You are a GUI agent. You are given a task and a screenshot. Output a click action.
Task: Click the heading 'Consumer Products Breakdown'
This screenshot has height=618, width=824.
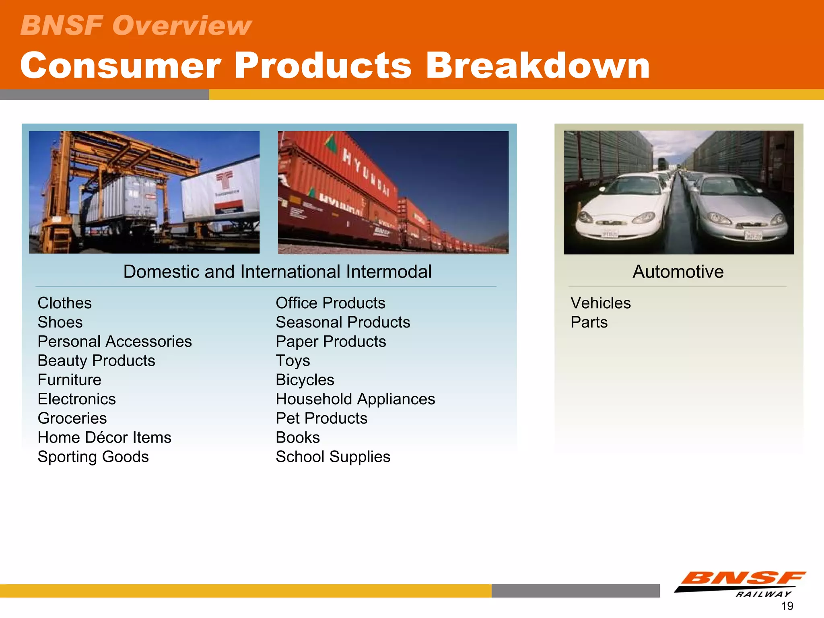[335, 66]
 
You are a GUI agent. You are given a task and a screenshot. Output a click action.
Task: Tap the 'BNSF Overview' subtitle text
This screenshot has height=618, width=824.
[136, 25]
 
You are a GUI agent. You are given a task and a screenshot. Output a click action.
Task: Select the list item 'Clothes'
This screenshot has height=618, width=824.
[64, 303]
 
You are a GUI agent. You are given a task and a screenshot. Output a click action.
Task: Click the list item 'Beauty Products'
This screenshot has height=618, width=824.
[96, 360]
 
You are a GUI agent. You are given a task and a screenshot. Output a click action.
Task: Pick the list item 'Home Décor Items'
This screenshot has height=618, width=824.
[104, 437]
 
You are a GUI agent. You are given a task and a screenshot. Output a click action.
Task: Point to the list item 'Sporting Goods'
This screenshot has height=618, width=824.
[93, 457]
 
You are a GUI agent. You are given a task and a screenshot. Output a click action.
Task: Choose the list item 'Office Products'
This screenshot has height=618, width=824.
[330, 303]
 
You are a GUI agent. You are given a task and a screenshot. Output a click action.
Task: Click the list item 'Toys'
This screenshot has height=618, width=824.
[293, 360]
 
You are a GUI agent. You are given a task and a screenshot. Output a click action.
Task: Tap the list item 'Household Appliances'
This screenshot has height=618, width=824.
[355, 399]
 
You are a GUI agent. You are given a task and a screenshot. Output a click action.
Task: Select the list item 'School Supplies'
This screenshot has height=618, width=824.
[333, 457]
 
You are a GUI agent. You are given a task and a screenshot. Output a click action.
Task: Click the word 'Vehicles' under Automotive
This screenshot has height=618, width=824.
[600, 303]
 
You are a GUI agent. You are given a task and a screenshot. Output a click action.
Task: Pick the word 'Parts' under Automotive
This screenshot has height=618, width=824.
[589, 322]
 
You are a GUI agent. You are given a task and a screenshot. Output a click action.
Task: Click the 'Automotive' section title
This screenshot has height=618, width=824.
[678, 272]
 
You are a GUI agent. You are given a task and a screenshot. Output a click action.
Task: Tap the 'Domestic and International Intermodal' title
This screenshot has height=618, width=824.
[277, 272]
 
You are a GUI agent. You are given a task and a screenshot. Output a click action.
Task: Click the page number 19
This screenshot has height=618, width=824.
[787, 606]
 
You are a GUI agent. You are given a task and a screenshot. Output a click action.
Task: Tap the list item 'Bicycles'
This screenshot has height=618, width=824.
[305, 380]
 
